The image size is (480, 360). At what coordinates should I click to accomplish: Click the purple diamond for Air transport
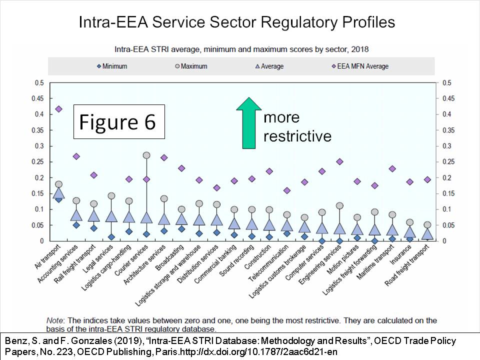pyautogui.click(x=59, y=109)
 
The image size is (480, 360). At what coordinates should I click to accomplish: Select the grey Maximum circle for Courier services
pyautogui.click(x=146, y=155)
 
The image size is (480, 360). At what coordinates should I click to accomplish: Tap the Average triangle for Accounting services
pyautogui.click(x=76, y=215)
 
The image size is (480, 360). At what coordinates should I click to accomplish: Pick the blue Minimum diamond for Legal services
pyautogui.click(x=111, y=237)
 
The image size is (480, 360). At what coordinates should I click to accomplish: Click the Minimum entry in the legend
pyautogui.click(x=111, y=66)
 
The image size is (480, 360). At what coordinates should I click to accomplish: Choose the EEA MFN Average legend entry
pyautogui.click(x=360, y=66)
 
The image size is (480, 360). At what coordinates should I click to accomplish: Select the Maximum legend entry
pyautogui.click(x=191, y=66)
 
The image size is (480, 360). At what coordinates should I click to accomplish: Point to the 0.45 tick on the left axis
pyautogui.click(x=37, y=98)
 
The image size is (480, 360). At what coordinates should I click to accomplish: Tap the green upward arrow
pyautogui.click(x=249, y=123)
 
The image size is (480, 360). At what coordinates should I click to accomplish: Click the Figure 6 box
pyautogui.click(x=119, y=121)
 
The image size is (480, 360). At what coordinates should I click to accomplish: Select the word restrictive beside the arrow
pyautogui.click(x=297, y=136)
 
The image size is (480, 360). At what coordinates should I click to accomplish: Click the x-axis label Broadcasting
pyautogui.click(x=169, y=257)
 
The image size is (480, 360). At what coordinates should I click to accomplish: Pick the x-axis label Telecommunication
pyautogui.click(x=268, y=263)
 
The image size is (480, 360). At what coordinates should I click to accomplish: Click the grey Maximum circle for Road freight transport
pyautogui.click(x=427, y=225)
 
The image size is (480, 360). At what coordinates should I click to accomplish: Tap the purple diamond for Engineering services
pyautogui.click(x=339, y=161)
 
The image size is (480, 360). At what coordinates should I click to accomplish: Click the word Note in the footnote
pyautogui.click(x=55, y=320)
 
